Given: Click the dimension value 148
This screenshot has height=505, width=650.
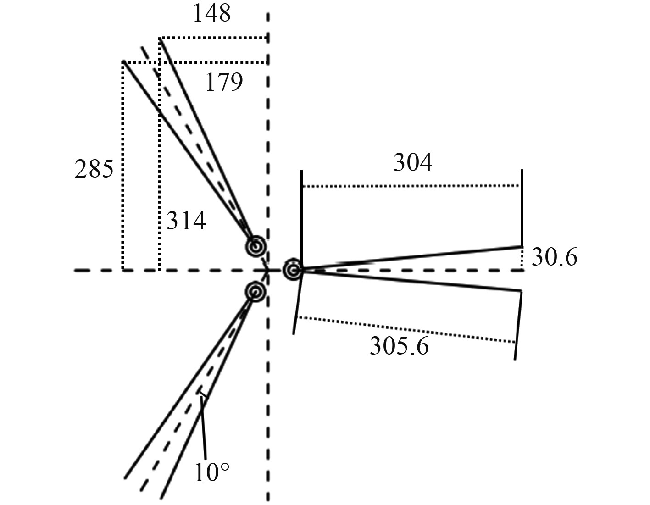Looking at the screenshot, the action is (x=211, y=14).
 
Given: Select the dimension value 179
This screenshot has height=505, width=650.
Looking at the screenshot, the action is (x=223, y=83).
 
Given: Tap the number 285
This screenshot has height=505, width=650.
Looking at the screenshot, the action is (x=94, y=170).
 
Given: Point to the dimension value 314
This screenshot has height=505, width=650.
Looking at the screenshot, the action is (x=186, y=222).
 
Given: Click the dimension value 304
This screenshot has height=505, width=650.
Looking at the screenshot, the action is (x=413, y=163).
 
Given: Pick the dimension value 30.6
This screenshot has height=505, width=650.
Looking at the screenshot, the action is (x=555, y=258).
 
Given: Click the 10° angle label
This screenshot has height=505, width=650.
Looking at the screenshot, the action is (x=212, y=472).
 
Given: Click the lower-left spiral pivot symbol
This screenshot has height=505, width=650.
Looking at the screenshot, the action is (x=255, y=291).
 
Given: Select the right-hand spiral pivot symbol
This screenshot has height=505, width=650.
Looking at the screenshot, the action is (x=292, y=270).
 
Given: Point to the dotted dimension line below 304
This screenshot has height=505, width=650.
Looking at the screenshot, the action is (x=411, y=186).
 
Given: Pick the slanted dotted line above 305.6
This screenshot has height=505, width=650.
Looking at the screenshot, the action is (x=406, y=329).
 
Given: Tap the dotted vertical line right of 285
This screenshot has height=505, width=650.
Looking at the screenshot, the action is (x=123, y=165).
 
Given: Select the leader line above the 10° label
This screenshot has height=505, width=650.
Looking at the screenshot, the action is (x=203, y=427).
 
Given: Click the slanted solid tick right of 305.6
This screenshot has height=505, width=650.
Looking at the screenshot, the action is (x=518, y=325).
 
